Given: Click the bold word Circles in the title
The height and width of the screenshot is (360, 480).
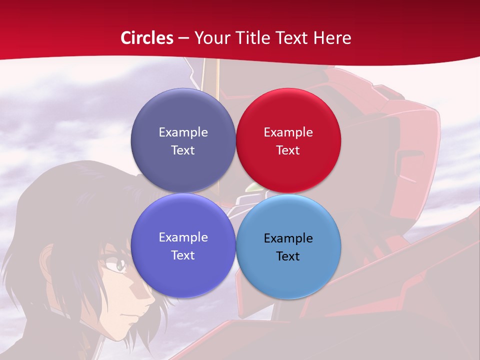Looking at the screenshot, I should coord(146,38).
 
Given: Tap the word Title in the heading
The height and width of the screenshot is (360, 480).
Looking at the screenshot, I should coord(247,38).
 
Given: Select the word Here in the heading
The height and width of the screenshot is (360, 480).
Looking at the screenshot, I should coord(331,38).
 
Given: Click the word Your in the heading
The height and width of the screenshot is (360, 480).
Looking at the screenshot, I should coord(211,38).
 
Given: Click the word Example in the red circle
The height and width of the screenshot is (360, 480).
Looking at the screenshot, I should coord(288,132).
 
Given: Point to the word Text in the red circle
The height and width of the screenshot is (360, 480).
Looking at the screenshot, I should coord(288,150).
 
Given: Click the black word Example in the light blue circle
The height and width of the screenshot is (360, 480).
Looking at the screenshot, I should coord(288,238).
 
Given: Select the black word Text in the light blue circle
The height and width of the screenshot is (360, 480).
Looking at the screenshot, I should coord(288,256).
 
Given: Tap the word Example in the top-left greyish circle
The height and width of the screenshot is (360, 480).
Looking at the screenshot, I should coord(183,132).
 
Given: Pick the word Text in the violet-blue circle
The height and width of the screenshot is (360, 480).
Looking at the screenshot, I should coord(183,255).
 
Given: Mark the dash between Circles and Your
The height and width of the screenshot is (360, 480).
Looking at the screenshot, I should coord(183,38).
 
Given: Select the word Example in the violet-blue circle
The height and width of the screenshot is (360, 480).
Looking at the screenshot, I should coord(183,237).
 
